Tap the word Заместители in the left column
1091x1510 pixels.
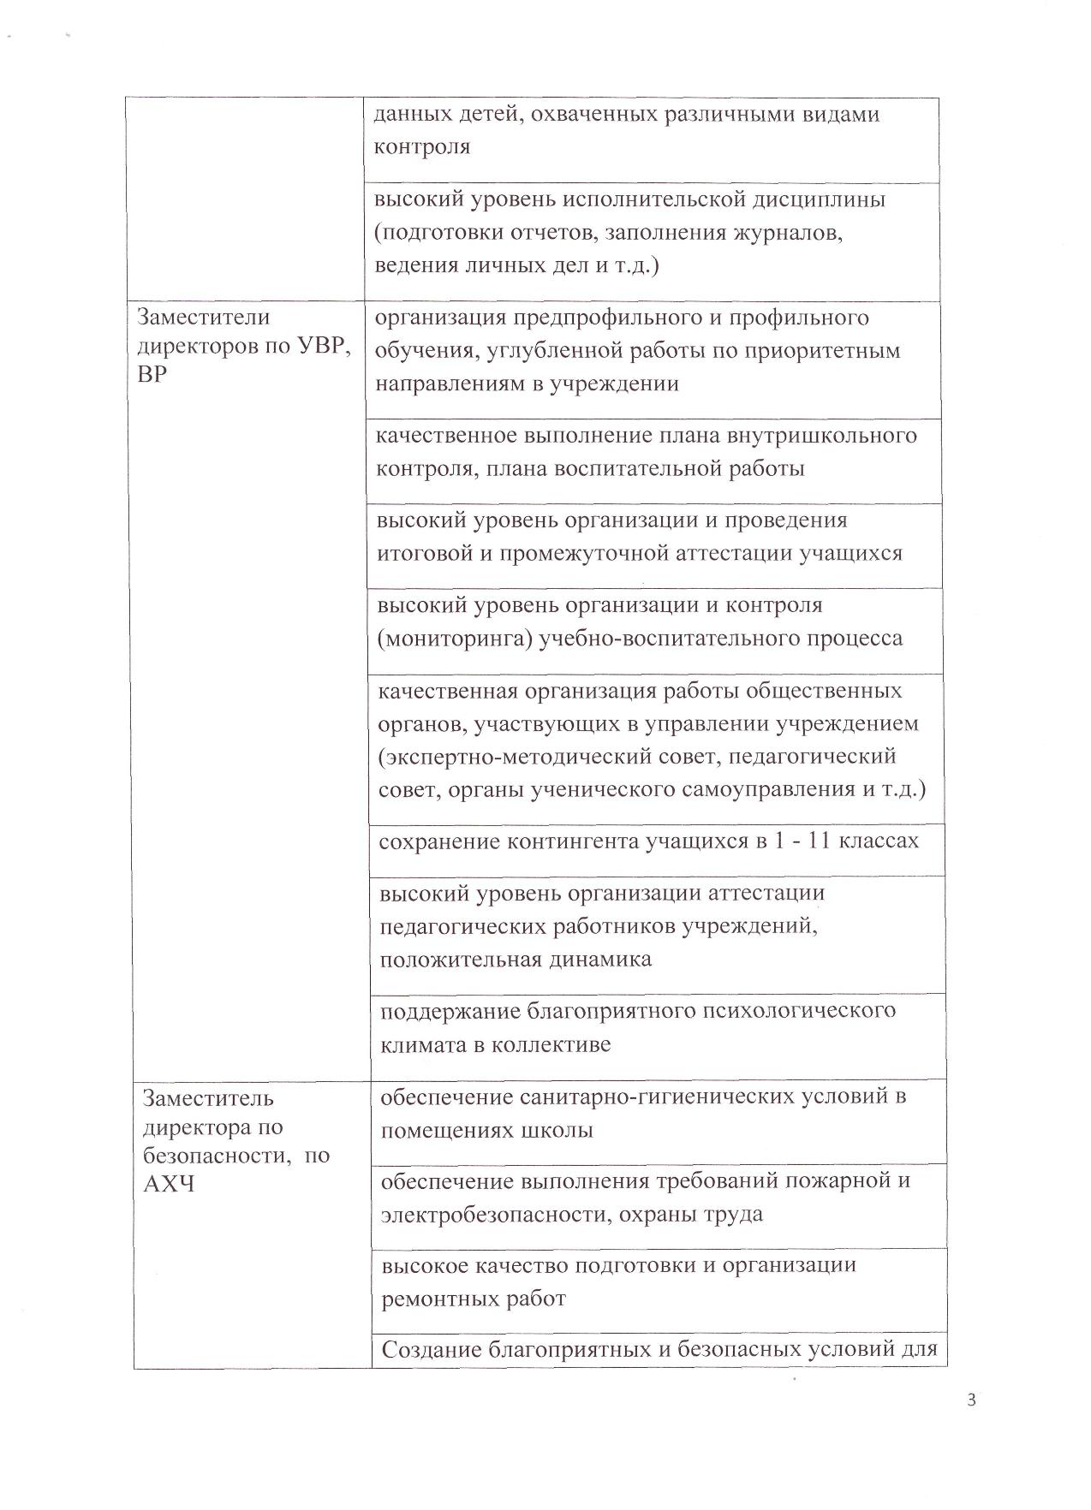pyautogui.click(x=204, y=318)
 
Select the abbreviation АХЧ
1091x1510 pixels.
pyautogui.click(x=169, y=1185)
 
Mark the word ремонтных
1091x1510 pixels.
pyautogui.click(x=437, y=1299)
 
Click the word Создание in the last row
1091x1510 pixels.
pyautogui.click(x=430, y=1350)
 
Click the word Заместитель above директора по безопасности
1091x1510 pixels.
pyautogui.click(x=208, y=1097)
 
